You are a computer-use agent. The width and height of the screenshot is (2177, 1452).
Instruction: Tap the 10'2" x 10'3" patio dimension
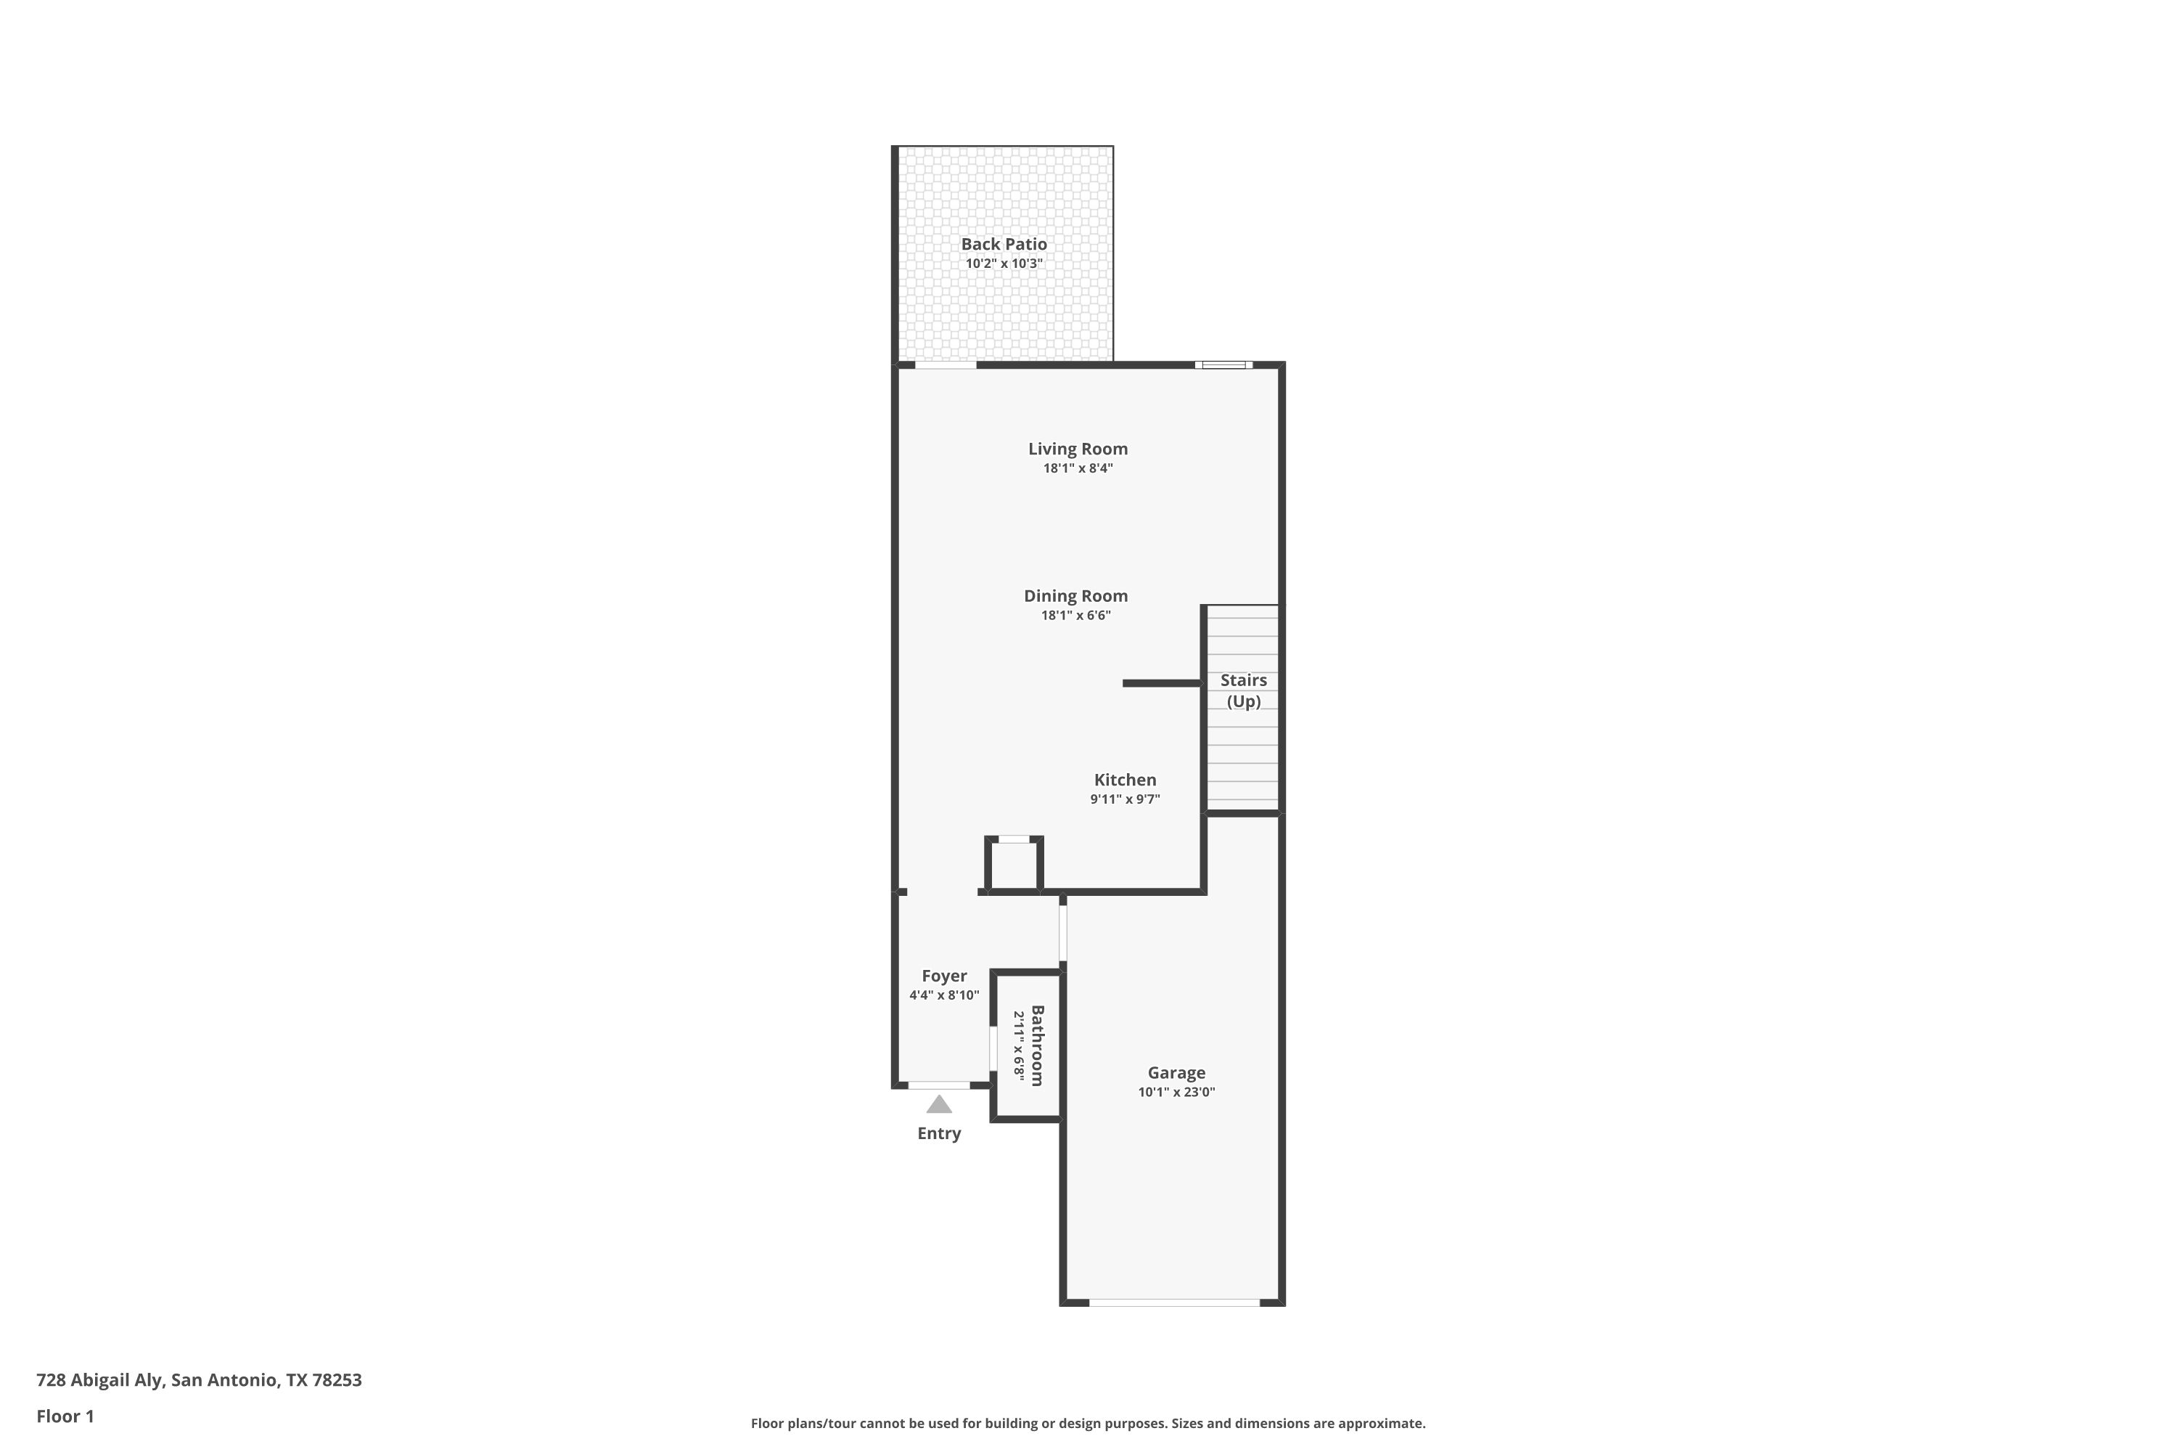[x=1004, y=263]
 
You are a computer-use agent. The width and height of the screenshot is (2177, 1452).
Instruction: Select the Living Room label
[x=1078, y=449]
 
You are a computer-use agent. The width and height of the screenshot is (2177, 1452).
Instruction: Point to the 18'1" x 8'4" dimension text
[x=1078, y=468]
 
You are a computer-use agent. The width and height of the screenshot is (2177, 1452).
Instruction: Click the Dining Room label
[x=1075, y=596]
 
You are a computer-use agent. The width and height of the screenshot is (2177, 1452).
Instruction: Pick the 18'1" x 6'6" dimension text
[x=1075, y=616]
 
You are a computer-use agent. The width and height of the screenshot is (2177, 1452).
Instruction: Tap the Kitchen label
[x=1125, y=780]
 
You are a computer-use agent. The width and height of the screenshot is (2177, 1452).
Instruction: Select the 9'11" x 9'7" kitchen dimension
[x=1125, y=799]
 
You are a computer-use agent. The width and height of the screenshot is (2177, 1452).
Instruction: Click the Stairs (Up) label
[x=1243, y=691]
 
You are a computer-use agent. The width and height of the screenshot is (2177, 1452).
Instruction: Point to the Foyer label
[x=944, y=976]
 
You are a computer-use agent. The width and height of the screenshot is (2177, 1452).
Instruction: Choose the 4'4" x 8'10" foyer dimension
[x=944, y=995]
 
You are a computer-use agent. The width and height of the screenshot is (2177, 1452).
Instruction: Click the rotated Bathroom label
[x=1038, y=1045]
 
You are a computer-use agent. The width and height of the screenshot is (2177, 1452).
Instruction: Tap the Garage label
[x=1176, y=1072]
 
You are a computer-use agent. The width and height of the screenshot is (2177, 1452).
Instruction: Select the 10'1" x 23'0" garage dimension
[x=1176, y=1092]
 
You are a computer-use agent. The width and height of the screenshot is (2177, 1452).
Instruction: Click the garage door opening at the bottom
[x=1175, y=1303]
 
